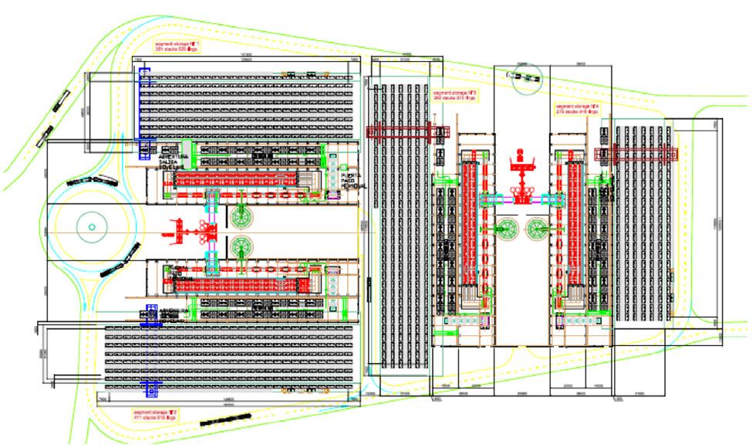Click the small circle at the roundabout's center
click(x=92, y=227)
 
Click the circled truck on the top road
click(x=525, y=77)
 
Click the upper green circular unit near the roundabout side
click(x=240, y=216)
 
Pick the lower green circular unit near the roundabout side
click(x=241, y=248)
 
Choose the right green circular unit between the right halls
click(x=538, y=228)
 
